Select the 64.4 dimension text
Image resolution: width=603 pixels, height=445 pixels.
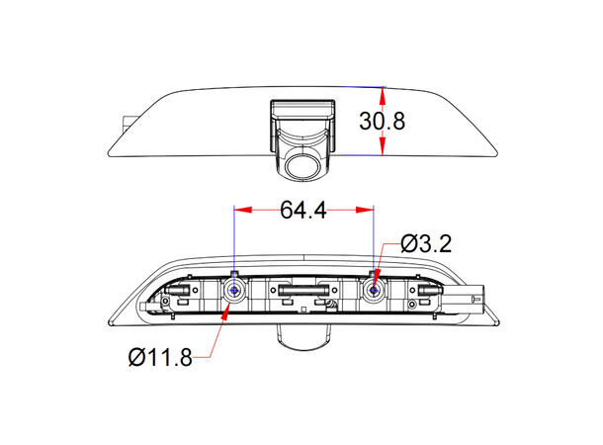[x=304, y=210]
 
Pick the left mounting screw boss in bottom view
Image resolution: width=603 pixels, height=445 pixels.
[x=234, y=290]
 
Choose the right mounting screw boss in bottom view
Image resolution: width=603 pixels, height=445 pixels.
[x=376, y=290]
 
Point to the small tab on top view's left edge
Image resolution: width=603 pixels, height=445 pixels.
[x=126, y=123]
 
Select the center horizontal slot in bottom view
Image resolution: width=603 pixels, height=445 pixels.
[x=304, y=291]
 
